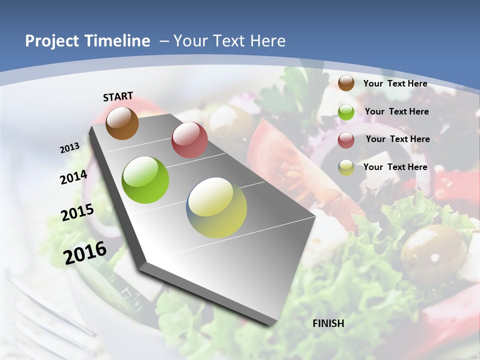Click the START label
click(x=118, y=96)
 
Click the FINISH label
click(x=328, y=323)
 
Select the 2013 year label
click(x=69, y=148)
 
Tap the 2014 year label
click(x=73, y=177)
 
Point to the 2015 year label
click(x=77, y=212)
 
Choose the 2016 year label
click(x=85, y=253)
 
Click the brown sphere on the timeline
click(x=122, y=123)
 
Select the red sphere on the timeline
click(x=189, y=140)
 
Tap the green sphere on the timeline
click(x=145, y=180)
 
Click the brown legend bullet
click(x=346, y=83)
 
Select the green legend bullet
click(x=346, y=112)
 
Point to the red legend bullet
click(x=346, y=140)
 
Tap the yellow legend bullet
click(x=346, y=167)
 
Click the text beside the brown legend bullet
click(x=395, y=83)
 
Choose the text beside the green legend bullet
click(x=396, y=111)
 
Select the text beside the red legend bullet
click(x=397, y=139)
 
